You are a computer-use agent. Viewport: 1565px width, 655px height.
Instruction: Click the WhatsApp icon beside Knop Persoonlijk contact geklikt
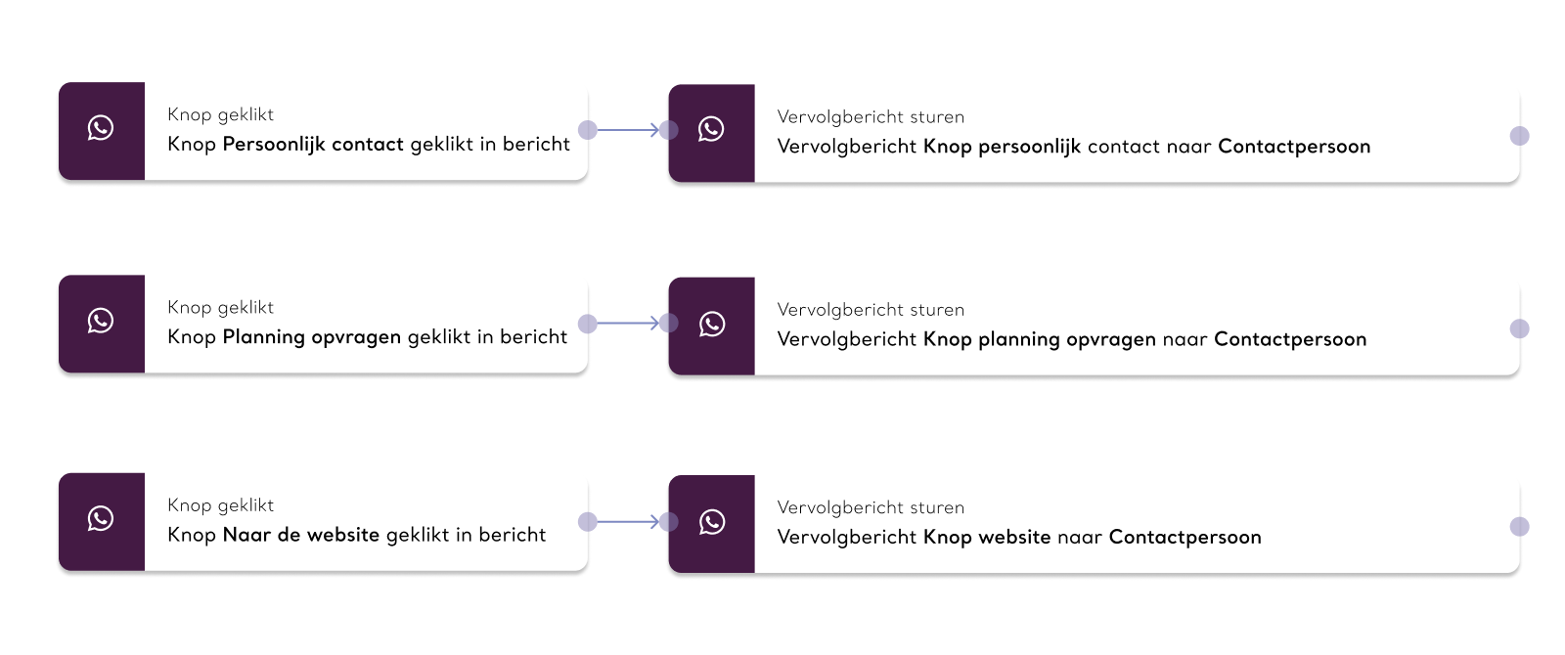(101, 128)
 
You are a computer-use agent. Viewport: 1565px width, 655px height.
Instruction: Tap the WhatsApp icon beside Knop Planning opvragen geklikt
(101, 321)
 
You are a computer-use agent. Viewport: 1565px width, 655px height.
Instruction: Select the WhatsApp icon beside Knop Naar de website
(101, 518)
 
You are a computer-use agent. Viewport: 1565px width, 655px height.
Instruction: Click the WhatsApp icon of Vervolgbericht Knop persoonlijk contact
(711, 129)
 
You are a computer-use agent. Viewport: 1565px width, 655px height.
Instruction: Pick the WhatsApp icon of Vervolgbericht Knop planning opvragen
(711, 324)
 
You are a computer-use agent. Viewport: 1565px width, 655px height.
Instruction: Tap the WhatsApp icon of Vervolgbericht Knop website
(711, 522)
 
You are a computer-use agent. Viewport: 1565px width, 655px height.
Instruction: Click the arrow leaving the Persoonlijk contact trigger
(628, 130)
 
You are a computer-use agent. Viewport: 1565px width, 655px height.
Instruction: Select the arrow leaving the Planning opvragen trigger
(628, 324)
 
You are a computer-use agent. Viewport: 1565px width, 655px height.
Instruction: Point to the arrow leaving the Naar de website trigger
(628, 522)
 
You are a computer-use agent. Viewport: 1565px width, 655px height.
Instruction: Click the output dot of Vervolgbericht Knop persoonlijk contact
(1520, 136)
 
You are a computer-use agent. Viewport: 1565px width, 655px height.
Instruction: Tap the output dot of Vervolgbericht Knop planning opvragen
(1520, 328)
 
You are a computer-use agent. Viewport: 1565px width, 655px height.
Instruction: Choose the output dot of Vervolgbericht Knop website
(1520, 527)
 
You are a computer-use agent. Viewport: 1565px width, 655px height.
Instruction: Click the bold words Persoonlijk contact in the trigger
(313, 145)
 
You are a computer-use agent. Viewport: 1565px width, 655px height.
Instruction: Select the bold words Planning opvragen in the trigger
(312, 337)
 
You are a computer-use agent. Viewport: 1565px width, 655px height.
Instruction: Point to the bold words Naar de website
(301, 535)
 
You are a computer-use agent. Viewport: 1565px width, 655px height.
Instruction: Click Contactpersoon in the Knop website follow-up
(1185, 537)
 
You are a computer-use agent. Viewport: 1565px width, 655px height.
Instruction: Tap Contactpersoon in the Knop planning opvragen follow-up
(1290, 339)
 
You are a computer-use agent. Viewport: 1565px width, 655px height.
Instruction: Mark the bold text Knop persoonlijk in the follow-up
(1002, 147)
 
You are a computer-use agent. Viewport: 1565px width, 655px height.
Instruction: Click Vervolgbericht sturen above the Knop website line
(871, 507)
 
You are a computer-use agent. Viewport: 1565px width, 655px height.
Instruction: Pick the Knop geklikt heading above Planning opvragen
(221, 308)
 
